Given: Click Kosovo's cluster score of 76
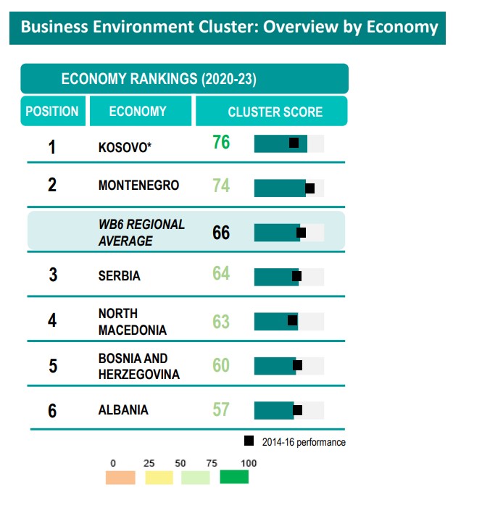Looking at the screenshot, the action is click(221, 142).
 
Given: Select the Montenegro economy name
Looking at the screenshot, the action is click(138, 186).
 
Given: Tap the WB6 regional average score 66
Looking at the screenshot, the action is click(221, 233).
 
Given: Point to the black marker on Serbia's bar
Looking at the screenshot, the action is click(296, 276).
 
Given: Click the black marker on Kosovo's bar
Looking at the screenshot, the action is click(294, 143).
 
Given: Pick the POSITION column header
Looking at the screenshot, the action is click(52, 112).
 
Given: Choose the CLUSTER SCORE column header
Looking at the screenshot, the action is click(275, 112).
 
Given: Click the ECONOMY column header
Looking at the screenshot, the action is click(138, 112).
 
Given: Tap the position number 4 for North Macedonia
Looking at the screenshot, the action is click(52, 320).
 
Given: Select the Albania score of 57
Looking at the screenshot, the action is click(221, 409).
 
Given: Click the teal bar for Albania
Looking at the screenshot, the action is click(274, 410).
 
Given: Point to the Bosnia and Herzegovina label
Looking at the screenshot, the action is click(139, 367).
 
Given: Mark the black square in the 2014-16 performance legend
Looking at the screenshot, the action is click(249, 441).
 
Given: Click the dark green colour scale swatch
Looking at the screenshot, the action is click(234, 478).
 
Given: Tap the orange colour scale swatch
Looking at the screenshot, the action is click(120, 478).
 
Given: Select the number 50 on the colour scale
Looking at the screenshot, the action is click(180, 463).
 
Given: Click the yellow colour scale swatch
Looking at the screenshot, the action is click(159, 478).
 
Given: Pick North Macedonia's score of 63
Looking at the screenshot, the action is click(221, 322).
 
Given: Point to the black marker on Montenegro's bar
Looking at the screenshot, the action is click(310, 188).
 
